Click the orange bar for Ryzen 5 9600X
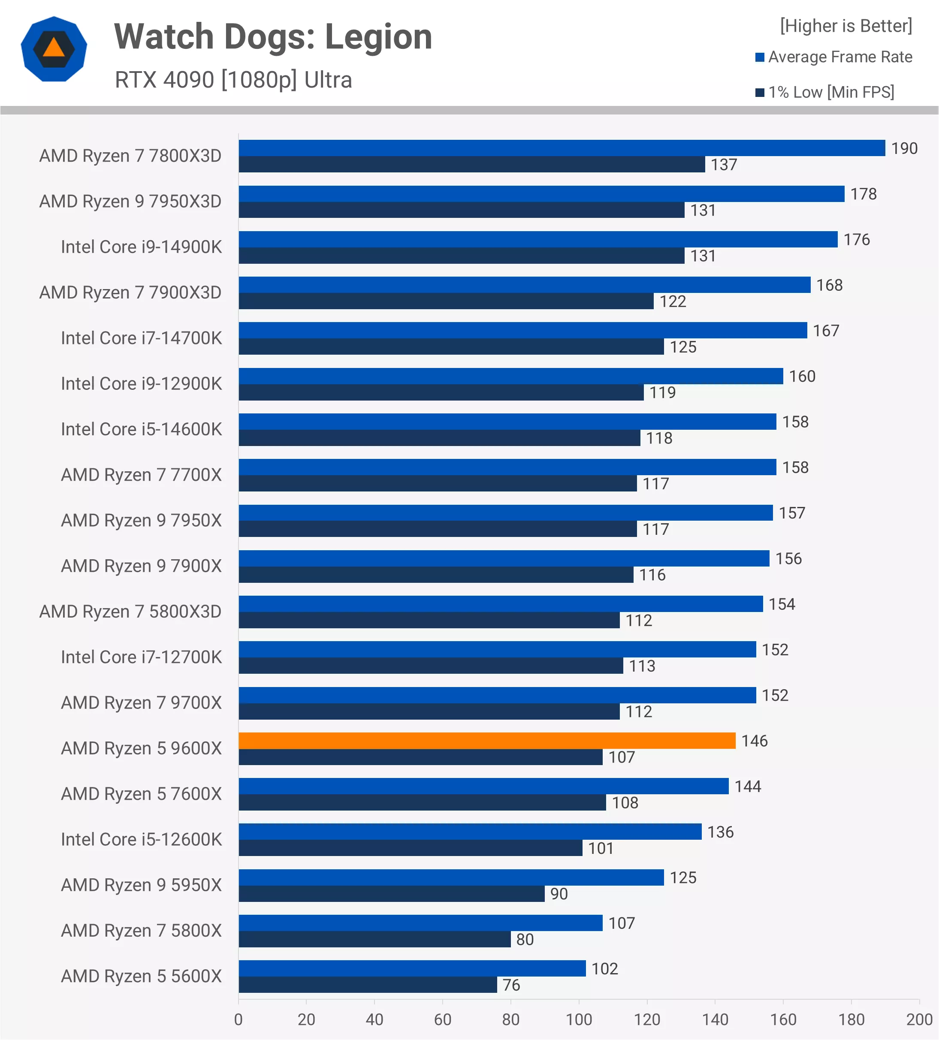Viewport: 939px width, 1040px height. (486, 740)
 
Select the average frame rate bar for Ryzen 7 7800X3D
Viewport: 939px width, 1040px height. (562, 148)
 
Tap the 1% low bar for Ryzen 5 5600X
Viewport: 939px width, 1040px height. (367, 985)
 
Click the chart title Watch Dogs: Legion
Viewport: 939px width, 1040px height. (273, 37)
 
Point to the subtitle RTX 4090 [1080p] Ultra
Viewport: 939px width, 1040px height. (233, 80)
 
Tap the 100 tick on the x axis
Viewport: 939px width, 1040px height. (578, 1019)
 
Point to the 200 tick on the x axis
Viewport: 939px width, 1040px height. (919, 1019)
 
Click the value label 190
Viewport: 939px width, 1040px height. (904, 148)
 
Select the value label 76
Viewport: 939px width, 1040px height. (511, 985)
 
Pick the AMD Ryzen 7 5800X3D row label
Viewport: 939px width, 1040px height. (130, 612)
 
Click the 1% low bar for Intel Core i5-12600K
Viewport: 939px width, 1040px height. (410, 848)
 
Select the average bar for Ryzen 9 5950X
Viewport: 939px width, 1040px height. (451, 877)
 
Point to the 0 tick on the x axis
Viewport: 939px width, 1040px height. (239, 1019)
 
